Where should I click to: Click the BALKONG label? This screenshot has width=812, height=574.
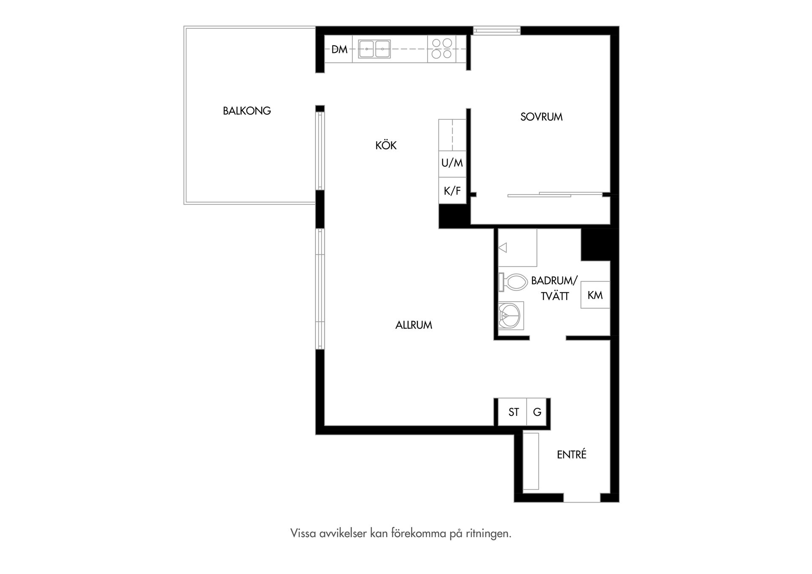(x=247, y=111)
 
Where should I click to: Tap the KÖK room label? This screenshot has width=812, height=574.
(x=386, y=146)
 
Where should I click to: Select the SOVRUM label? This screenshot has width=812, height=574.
(x=541, y=117)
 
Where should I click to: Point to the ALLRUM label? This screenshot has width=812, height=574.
(x=414, y=325)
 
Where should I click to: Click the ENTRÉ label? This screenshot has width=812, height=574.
(x=572, y=454)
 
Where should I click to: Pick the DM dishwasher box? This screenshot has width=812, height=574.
(x=339, y=49)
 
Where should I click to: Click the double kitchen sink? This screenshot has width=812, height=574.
(x=374, y=49)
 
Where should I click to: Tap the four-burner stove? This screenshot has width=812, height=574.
(x=442, y=49)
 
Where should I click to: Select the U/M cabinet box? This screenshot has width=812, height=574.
(x=452, y=163)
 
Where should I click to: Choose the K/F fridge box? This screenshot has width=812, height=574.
(x=452, y=191)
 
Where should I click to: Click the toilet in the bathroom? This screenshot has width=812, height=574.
(x=512, y=282)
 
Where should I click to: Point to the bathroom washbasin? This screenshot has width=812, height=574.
(x=511, y=316)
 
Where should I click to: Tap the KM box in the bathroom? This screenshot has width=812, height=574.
(x=595, y=295)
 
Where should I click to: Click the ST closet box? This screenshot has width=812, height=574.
(x=513, y=412)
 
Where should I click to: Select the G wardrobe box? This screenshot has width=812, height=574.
(x=537, y=412)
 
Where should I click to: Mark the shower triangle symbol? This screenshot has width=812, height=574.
(x=502, y=247)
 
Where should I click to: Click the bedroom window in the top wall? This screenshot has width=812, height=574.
(x=497, y=30)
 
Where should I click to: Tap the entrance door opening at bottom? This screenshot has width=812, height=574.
(x=582, y=498)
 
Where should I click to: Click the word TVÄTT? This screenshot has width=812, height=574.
(x=555, y=296)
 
